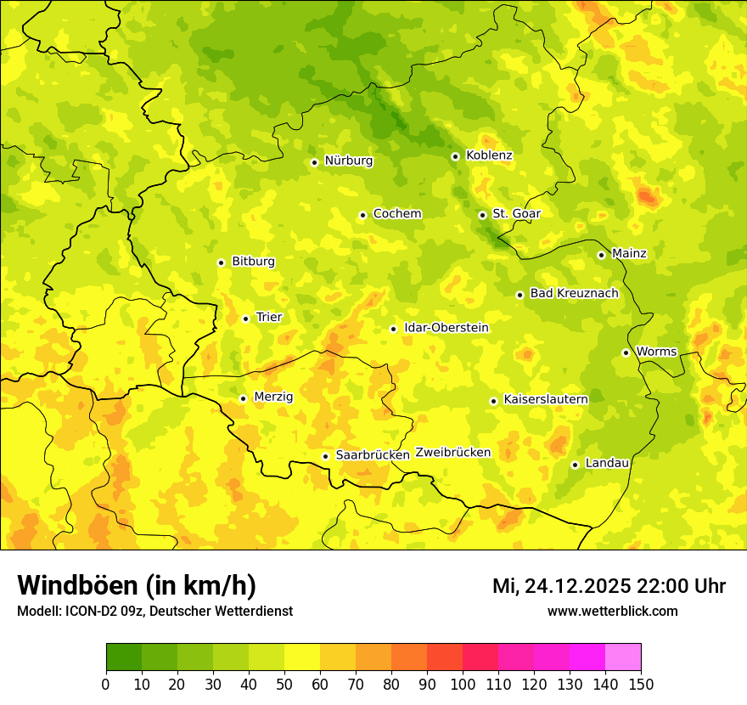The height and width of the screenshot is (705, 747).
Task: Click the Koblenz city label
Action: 489,155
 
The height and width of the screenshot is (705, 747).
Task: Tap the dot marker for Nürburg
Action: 314,162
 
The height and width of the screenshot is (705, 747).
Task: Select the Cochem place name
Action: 396,214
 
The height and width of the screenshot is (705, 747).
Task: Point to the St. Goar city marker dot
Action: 482,215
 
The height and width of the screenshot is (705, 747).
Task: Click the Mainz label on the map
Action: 629,254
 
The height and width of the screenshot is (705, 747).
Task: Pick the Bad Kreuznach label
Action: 574,294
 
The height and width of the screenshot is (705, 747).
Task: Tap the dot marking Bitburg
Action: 221,262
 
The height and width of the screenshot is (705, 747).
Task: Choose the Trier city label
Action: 268,318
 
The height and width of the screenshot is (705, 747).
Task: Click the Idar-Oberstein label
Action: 446,328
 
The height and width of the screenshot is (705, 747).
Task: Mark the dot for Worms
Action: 626,352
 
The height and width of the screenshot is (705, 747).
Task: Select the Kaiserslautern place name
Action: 545,399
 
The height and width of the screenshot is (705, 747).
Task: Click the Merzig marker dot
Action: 243,398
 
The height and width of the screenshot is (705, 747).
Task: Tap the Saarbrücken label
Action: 372,455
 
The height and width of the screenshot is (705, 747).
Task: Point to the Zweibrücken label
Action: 453,453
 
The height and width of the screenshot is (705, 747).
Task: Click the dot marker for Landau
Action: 575,465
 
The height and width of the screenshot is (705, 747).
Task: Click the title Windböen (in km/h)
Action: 136,585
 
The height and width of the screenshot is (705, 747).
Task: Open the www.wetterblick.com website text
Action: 612,612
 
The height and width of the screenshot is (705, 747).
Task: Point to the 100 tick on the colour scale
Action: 463,684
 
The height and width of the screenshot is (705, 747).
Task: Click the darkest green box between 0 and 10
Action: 124,657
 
